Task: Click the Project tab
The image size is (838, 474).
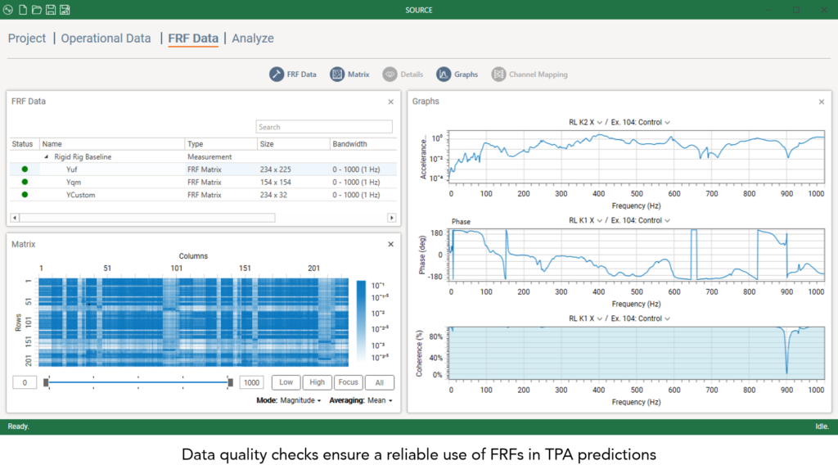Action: pos(27,38)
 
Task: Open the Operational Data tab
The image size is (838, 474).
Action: pos(106,38)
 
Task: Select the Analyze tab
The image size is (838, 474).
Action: pos(253,38)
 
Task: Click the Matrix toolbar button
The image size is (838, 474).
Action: pos(349,74)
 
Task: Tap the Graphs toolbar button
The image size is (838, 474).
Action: pos(457,74)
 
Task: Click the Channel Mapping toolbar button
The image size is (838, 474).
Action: pos(529,74)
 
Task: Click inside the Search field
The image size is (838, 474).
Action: pos(324,127)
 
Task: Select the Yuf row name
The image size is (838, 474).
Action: pos(72,169)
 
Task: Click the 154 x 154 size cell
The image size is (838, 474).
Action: pos(275,183)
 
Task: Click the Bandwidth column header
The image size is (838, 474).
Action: pos(349,144)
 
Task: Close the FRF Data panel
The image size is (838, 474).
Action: pos(390,102)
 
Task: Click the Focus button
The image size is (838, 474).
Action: pos(349,382)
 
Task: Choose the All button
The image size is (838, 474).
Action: pos(379,382)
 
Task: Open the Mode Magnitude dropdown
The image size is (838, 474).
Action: pos(300,400)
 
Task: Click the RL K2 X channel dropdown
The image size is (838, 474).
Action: pos(586,122)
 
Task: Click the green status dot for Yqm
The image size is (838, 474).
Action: pos(25,183)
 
